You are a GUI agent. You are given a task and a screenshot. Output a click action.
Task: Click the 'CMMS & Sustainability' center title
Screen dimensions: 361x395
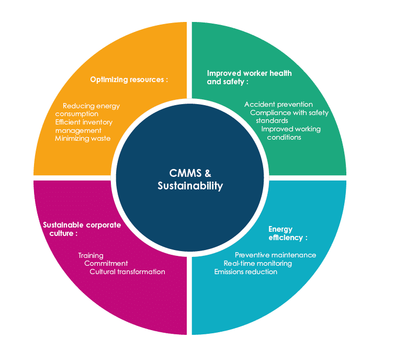click(x=190, y=179)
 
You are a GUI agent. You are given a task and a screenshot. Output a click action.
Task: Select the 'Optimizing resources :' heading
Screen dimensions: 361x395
click(x=129, y=80)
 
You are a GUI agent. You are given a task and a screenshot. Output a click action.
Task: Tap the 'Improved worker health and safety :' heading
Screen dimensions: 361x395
click(x=249, y=77)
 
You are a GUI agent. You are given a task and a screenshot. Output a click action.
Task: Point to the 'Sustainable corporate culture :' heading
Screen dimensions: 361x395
click(x=81, y=229)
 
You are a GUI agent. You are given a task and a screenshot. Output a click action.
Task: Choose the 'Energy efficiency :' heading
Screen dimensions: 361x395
click(x=287, y=233)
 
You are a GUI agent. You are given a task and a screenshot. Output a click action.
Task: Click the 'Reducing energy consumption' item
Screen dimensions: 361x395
click(x=87, y=110)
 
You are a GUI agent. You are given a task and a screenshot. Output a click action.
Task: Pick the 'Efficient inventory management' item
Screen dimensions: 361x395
click(x=83, y=126)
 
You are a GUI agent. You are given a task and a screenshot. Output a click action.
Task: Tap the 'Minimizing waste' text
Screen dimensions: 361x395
click(x=83, y=139)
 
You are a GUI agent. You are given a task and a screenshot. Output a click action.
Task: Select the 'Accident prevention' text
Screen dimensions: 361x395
click(x=278, y=104)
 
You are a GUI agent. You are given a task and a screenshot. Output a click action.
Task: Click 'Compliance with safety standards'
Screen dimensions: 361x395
click(x=289, y=116)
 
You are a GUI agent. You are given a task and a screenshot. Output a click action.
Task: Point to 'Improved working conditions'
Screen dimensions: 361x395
click(x=290, y=133)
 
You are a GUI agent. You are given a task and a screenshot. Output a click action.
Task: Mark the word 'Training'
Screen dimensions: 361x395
click(x=91, y=255)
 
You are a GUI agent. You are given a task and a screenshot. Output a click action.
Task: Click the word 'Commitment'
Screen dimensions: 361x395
click(x=106, y=264)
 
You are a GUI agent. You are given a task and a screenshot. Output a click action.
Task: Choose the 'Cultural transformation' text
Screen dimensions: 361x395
click(x=127, y=272)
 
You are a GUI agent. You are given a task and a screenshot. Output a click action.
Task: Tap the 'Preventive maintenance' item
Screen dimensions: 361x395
click(x=275, y=255)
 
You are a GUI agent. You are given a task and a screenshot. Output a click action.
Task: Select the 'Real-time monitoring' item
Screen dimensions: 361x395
click(x=257, y=264)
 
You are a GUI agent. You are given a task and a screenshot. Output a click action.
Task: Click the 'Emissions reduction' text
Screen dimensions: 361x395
click(x=245, y=272)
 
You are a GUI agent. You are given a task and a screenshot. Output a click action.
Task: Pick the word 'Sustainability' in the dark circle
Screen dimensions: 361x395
click(x=190, y=186)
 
